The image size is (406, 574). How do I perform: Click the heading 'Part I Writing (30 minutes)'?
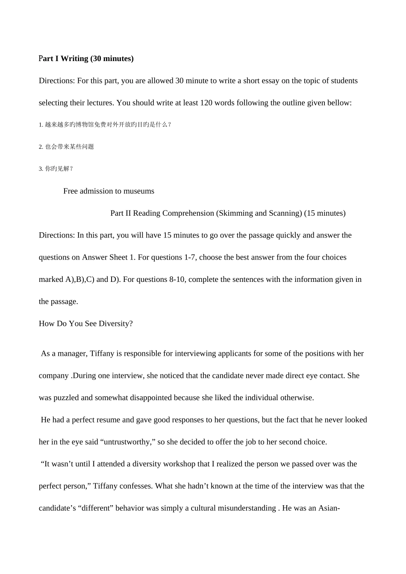(86, 59)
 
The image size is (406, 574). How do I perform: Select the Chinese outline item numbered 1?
(105, 125)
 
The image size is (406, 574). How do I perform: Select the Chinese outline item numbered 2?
(66, 147)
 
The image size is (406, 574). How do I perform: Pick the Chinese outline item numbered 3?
(56, 169)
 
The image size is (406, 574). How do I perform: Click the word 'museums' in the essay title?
(139, 191)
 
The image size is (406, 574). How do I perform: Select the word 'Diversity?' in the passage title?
(116, 323)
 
